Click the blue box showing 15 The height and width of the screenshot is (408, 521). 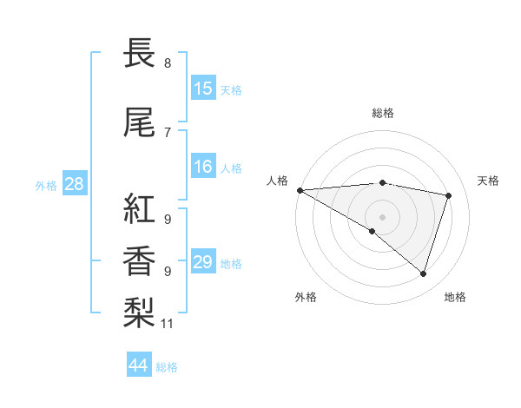203,89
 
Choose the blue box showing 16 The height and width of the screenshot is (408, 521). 203,167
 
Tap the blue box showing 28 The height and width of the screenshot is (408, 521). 74,184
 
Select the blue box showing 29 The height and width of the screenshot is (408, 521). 203,262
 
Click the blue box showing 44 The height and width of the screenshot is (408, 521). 139,365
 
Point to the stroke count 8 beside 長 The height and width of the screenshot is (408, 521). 168,63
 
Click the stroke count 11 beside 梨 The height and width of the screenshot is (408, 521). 168,324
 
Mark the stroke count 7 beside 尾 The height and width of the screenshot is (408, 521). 168,132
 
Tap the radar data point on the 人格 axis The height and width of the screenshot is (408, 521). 300,190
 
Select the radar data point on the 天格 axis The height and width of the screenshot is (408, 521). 449,195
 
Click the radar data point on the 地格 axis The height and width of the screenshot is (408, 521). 423,273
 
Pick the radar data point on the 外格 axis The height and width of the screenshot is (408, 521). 373,231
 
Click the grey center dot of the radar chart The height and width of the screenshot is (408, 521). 382,215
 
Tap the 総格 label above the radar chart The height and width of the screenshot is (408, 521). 382,113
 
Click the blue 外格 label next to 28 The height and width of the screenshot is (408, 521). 46,185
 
